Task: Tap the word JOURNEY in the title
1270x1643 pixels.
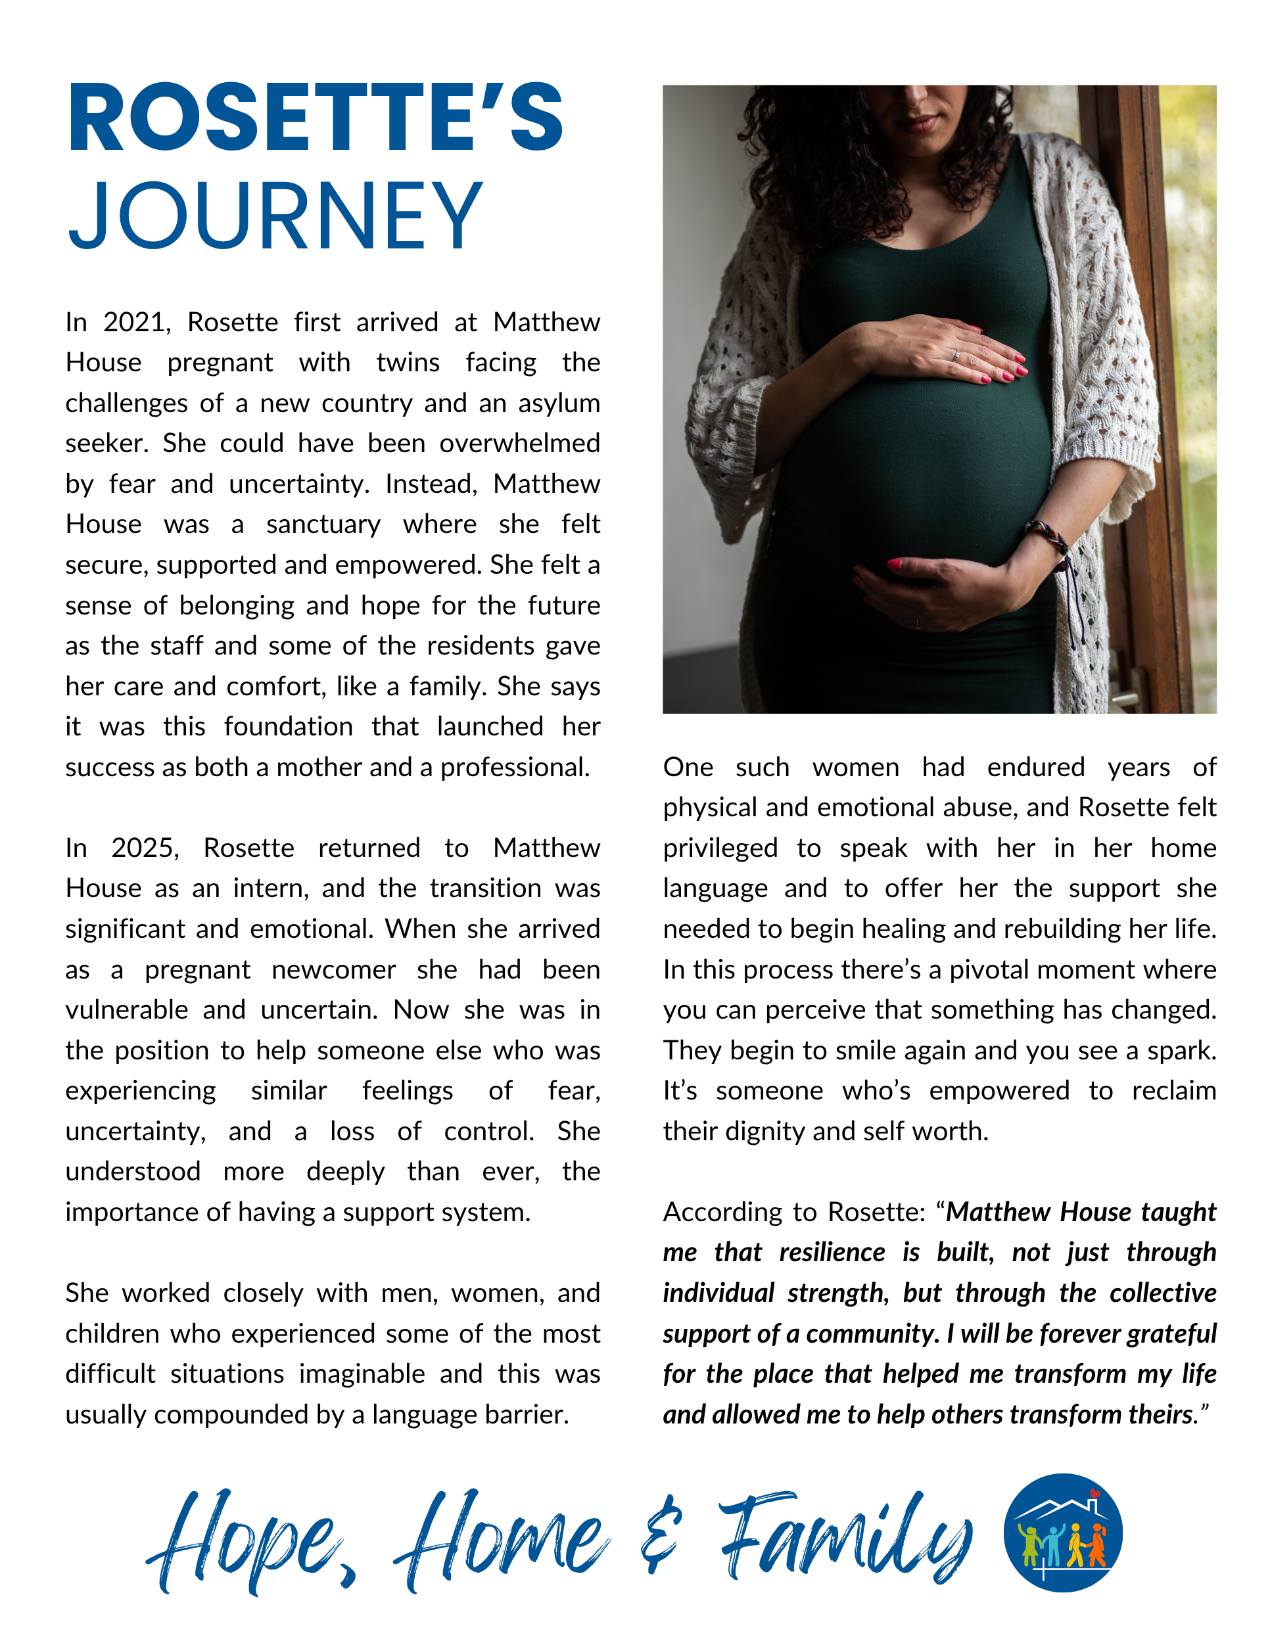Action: pos(275,216)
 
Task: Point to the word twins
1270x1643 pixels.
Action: pos(408,363)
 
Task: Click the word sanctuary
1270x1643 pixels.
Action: pos(323,525)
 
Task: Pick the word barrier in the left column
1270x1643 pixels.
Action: pos(526,1415)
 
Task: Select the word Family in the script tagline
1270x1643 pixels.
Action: pos(847,1539)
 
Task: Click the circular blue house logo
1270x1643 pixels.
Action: pos(1062,1533)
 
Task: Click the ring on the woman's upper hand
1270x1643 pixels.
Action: pos(956,355)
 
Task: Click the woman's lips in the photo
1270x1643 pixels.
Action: pos(920,121)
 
